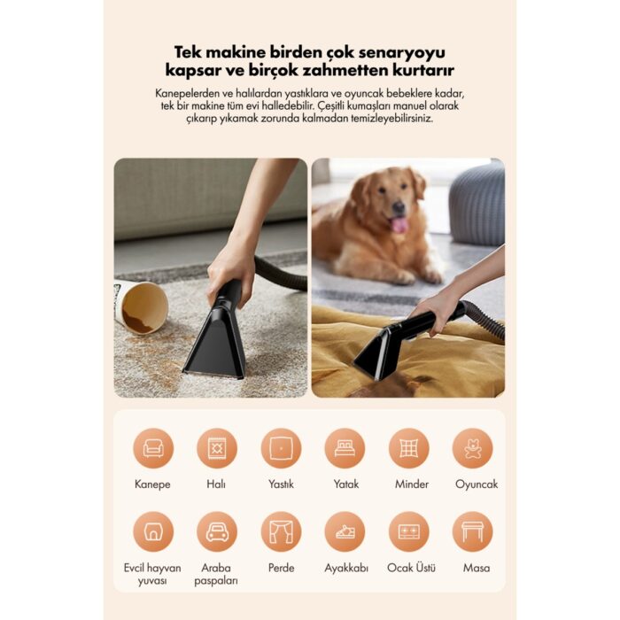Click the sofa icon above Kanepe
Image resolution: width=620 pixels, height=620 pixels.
click(x=153, y=448)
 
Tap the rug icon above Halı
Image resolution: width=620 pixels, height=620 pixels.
click(x=217, y=448)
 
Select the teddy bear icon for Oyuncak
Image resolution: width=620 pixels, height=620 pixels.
click(x=472, y=448)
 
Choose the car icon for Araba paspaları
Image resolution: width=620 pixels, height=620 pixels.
click(x=217, y=531)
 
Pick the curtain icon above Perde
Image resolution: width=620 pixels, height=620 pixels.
click(x=281, y=531)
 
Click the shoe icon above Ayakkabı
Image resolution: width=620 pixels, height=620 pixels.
click(x=345, y=531)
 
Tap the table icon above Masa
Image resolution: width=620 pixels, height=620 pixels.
click(x=472, y=531)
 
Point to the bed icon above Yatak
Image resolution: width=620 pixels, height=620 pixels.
click(x=345, y=448)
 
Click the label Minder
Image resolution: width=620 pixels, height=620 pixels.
click(x=412, y=484)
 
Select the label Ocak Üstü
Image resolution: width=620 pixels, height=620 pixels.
click(x=411, y=568)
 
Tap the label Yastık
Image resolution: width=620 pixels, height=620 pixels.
click(x=281, y=484)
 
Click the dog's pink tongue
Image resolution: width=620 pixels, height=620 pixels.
click(x=399, y=225)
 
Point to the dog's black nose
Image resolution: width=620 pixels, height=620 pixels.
click(x=399, y=206)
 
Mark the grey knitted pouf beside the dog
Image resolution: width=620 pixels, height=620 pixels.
click(x=477, y=202)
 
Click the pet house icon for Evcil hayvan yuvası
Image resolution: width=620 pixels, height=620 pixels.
click(x=153, y=531)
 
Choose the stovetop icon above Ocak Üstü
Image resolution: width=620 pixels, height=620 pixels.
click(x=409, y=531)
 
